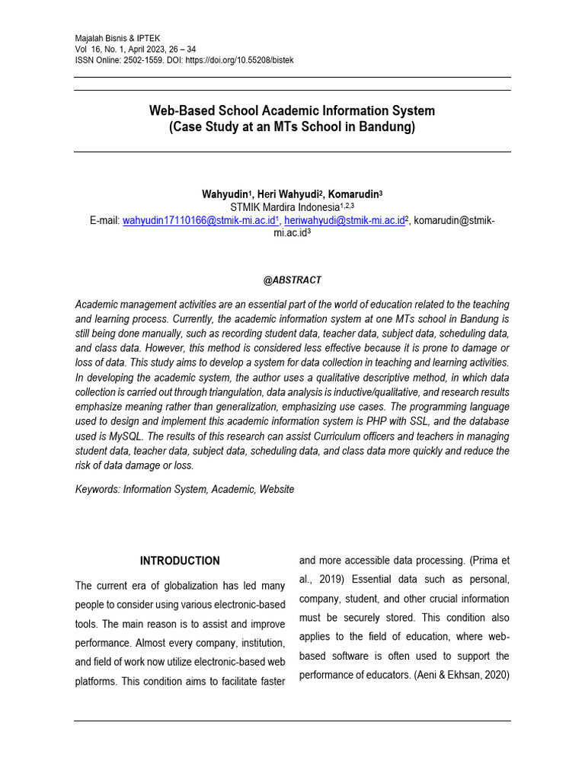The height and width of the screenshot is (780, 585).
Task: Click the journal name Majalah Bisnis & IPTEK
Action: pyautogui.click(x=118, y=38)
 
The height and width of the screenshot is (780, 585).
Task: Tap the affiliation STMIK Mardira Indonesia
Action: pyautogui.click(x=285, y=207)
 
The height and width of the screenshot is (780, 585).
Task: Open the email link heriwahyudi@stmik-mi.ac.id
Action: pyautogui.click(x=344, y=220)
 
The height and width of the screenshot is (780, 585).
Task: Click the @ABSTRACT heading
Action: pyautogui.click(x=292, y=280)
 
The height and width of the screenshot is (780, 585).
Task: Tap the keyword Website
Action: pyautogui.click(x=277, y=490)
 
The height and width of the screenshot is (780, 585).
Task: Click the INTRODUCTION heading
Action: pyautogui.click(x=180, y=561)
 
